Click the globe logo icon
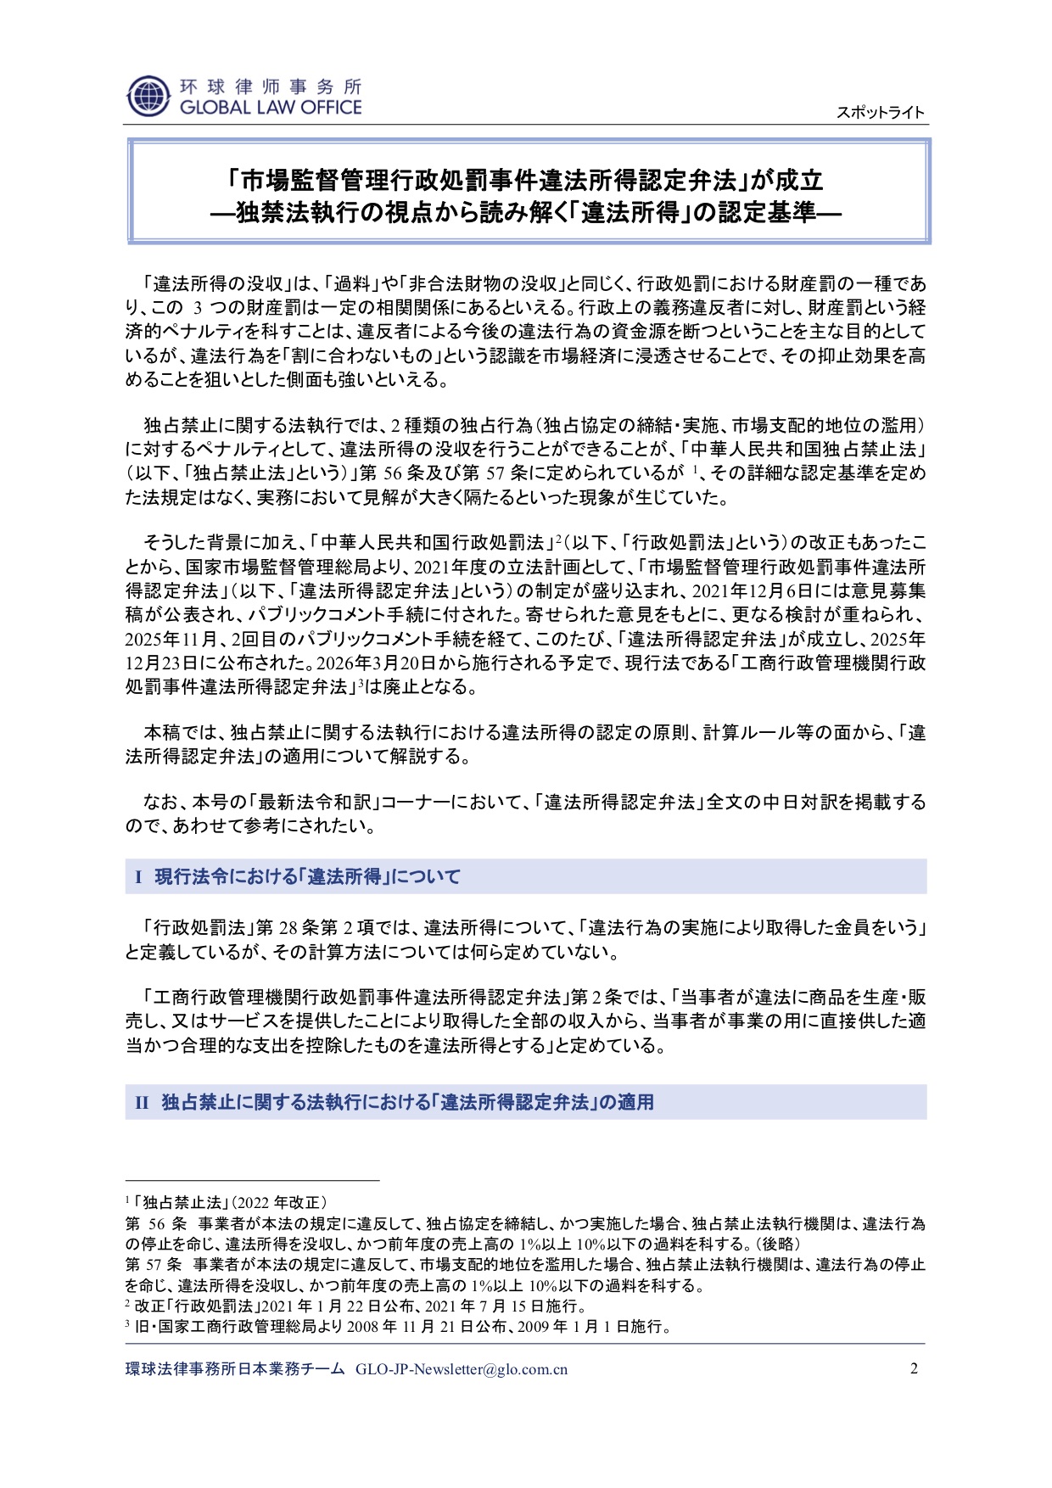pyautogui.click(x=148, y=96)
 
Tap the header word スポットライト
pyautogui.click(x=880, y=113)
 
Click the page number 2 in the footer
pyautogui.click(x=914, y=1368)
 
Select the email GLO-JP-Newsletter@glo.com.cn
pyautogui.click(x=462, y=1369)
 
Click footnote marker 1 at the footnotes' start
pyautogui.click(x=127, y=1201)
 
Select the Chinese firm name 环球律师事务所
pyautogui.click(x=271, y=87)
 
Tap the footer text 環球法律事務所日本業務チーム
pyautogui.click(x=235, y=1369)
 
